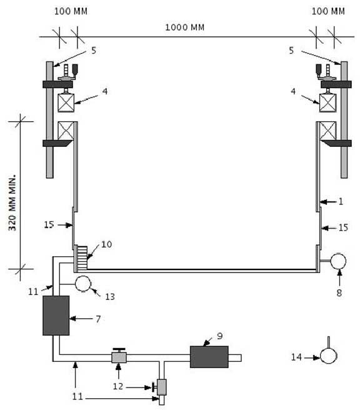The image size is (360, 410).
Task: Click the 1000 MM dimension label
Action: (x=184, y=27)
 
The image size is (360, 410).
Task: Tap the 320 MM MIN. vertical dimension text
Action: (x=12, y=202)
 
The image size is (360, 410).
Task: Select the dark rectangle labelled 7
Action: (x=56, y=316)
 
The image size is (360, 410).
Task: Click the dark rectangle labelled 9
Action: (x=209, y=357)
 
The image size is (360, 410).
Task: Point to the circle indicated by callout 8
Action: (x=338, y=261)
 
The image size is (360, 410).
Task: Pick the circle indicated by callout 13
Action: (x=83, y=284)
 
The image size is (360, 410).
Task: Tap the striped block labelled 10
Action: (x=82, y=258)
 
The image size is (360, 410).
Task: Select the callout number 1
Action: (x=341, y=201)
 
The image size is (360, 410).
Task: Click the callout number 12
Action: (x=118, y=386)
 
